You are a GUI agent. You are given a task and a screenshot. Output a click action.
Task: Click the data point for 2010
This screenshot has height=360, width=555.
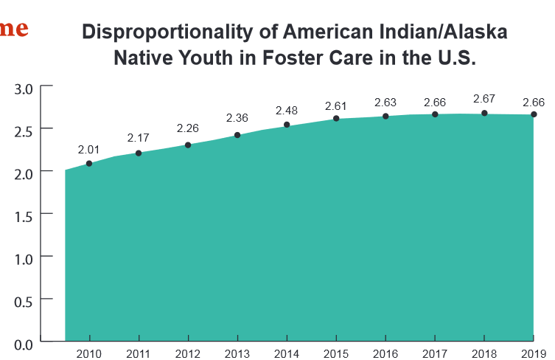89,163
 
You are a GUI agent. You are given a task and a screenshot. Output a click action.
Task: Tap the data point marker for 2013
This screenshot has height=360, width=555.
237,135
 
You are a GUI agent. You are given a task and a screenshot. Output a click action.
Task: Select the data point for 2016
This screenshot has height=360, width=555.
385,116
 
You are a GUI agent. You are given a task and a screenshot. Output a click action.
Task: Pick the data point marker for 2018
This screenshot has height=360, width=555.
484,113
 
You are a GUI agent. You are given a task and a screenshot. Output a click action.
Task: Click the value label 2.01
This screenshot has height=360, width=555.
88,149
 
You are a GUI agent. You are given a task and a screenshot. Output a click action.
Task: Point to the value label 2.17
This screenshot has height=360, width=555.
138,138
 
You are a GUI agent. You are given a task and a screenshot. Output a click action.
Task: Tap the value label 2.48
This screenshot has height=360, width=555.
287,111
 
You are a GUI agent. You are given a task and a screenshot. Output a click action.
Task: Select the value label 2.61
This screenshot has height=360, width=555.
335,105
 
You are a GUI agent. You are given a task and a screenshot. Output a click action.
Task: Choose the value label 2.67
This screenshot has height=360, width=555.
484,98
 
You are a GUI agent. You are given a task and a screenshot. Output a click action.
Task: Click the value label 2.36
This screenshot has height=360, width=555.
237,118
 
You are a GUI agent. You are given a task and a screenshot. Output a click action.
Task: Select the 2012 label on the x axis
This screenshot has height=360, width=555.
188,354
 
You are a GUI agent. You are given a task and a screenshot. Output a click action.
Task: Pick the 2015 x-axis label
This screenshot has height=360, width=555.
336,354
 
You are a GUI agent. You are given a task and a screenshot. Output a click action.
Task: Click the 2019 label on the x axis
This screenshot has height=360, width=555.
533,354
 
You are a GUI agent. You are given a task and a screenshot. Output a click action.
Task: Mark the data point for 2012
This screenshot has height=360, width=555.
188,145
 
